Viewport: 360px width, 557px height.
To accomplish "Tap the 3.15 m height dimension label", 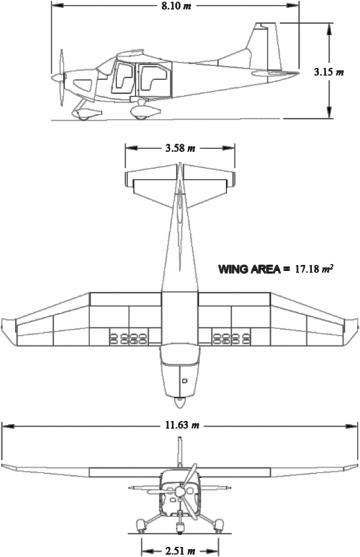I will (329, 72).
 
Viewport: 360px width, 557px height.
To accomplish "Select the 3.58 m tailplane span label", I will (181, 148).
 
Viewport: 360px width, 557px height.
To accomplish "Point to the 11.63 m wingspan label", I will (181, 426).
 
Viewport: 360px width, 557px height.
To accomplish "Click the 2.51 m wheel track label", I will (181, 551).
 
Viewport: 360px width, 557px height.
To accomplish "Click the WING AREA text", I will (247, 269).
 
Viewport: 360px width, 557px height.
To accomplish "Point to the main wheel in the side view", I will (140, 113).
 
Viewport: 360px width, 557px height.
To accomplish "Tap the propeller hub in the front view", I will (180, 492).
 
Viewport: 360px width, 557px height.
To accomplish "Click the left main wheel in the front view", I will (140, 525).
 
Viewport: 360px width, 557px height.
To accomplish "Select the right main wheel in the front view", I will (219, 525).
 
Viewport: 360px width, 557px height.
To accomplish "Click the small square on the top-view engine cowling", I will (185, 381).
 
